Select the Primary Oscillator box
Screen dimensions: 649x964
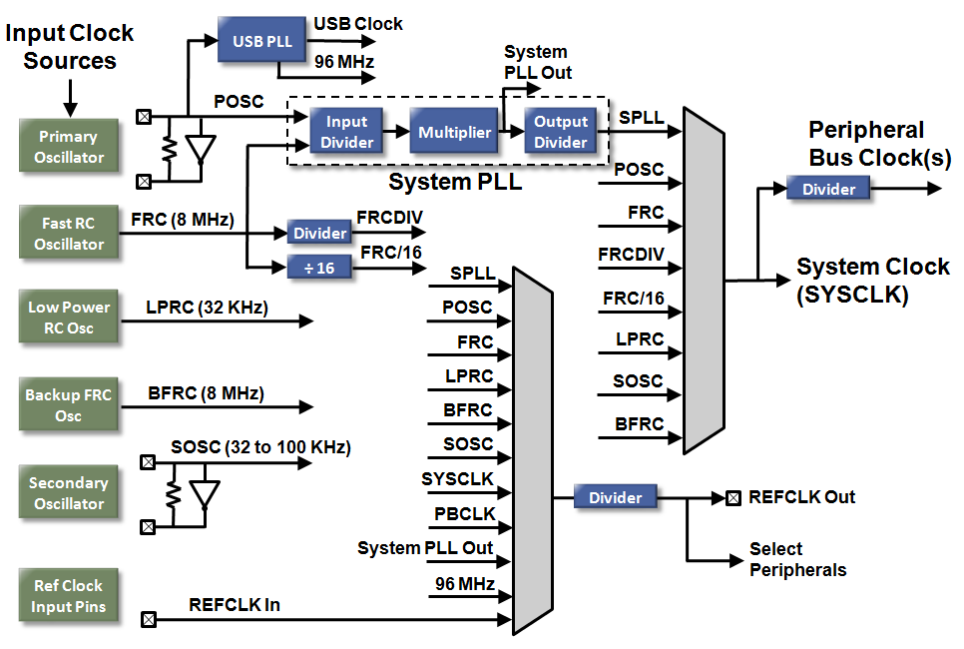pos(69,147)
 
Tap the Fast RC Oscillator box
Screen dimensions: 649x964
pos(69,234)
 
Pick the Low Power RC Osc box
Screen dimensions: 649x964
pos(69,317)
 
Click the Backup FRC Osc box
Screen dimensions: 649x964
pos(69,404)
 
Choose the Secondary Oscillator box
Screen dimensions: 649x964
pos(69,492)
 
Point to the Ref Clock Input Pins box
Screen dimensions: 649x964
pos(69,595)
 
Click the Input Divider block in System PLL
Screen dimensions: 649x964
pos(347,132)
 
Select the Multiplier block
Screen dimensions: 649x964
pos(454,132)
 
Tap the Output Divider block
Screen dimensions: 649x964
pos(560,132)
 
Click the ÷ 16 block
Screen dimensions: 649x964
pos(319,269)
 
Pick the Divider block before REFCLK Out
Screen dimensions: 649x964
pos(615,497)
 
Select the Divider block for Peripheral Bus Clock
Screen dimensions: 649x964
pos(827,188)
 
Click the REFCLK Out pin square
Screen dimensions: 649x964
pos(733,497)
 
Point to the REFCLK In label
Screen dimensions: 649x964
pos(235,604)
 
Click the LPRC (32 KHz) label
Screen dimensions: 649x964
pos(207,308)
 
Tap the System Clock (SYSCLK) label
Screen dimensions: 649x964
pos(872,281)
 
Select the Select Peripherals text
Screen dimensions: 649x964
pos(797,559)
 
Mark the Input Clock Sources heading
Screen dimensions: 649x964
pos(70,46)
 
